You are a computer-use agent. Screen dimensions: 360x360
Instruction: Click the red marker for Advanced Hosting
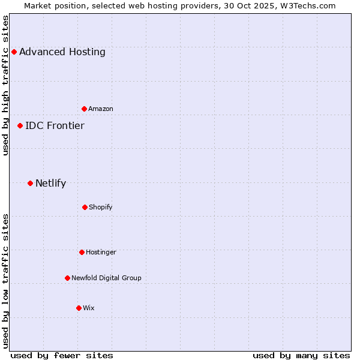click(14, 52)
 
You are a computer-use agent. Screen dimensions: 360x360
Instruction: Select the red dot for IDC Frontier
click(20, 125)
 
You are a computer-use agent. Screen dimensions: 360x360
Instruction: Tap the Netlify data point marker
click(30, 183)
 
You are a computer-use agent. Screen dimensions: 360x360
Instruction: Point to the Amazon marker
click(84, 109)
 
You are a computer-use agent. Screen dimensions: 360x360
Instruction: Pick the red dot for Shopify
click(85, 207)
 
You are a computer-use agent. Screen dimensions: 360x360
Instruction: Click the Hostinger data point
click(82, 252)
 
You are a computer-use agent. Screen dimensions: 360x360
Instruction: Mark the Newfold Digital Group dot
click(67, 278)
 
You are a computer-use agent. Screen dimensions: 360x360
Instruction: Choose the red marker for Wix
click(79, 308)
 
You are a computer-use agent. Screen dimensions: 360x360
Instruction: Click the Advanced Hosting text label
click(62, 52)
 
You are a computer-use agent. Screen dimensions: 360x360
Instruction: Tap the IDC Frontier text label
click(55, 125)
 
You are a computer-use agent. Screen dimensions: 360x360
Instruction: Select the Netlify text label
click(50, 183)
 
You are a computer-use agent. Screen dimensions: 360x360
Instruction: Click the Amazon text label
click(101, 109)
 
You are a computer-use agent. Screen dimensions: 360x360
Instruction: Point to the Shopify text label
click(101, 207)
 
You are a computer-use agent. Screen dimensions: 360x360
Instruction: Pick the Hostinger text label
click(101, 252)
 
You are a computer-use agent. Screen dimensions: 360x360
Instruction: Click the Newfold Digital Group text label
click(106, 278)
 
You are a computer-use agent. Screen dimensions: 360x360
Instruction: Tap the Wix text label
click(89, 308)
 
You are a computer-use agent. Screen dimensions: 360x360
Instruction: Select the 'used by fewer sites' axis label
click(62, 355)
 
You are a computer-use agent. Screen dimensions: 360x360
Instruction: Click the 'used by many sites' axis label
click(301, 355)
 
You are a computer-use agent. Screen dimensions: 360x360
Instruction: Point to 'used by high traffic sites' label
click(5, 85)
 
